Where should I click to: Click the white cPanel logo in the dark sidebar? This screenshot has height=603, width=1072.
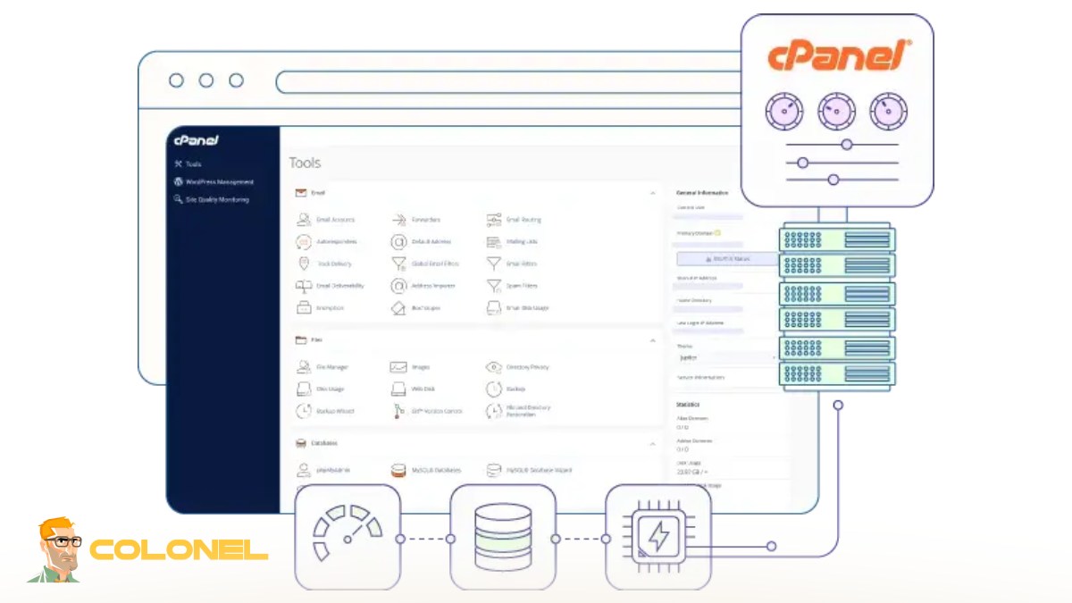pos(197,140)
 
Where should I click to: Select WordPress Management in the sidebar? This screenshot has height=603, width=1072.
pos(219,181)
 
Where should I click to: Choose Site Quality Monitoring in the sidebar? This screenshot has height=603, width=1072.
pos(216,199)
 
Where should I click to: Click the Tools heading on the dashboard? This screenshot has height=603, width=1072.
pos(305,163)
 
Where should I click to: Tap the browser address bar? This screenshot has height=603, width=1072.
pos(509,82)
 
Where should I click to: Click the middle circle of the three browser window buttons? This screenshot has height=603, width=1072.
pos(206,80)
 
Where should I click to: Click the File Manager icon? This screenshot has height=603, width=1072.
pos(304,367)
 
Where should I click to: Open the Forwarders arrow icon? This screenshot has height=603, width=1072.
pos(398,219)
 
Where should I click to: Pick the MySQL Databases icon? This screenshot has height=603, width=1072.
pos(398,470)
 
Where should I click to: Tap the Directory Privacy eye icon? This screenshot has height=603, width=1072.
pos(494,367)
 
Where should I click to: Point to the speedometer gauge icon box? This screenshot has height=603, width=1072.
pos(348,537)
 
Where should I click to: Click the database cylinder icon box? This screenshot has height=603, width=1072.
pos(503,537)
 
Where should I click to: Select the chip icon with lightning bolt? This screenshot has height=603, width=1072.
pos(657,537)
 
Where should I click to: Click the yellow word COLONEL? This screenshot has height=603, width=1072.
pos(179,549)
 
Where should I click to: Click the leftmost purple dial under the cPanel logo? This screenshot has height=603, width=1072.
pos(783,112)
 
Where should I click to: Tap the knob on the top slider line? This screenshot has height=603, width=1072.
pos(847,145)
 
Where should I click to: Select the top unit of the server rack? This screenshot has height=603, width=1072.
pos(837,239)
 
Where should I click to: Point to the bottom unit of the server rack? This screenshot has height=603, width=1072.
pos(837,373)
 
